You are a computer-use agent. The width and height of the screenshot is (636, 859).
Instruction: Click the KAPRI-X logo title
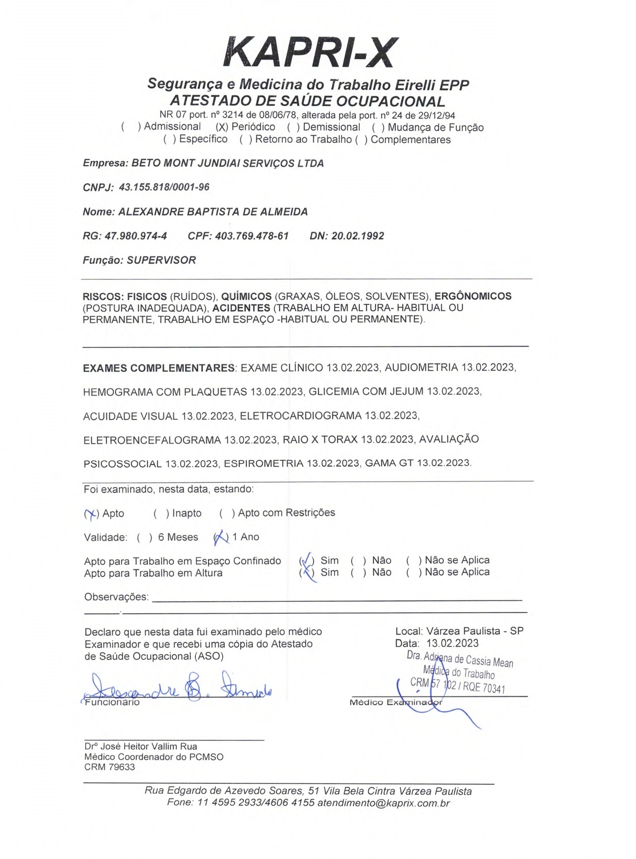(x=310, y=52)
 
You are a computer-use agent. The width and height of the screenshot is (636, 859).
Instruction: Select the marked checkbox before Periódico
(x=221, y=127)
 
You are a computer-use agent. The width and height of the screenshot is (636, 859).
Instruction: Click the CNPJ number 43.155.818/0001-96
(x=164, y=187)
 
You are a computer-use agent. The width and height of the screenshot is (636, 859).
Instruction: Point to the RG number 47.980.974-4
(x=136, y=236)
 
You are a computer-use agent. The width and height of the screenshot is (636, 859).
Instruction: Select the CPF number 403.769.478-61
(x=251, y=236)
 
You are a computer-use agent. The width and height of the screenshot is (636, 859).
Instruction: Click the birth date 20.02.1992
(x=357, y=236)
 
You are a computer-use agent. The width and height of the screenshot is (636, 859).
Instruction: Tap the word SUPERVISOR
(x=161, y=260)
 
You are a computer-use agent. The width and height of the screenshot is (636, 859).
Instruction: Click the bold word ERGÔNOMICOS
(x=473, y=296)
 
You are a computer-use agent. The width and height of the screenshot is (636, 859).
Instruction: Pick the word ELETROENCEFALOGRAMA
(x=152, y=440)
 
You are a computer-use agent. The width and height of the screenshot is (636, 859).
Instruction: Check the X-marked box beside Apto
(x=91, y=514)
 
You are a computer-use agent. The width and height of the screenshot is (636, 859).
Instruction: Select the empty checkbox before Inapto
(x=161, y=514)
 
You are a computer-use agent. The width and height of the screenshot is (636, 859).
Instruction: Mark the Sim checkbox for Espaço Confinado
(x=306, y=561)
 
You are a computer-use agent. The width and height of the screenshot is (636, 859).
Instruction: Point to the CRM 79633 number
(x=110, y=767)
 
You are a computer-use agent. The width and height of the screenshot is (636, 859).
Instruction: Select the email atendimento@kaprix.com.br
(x=383, y=803)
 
